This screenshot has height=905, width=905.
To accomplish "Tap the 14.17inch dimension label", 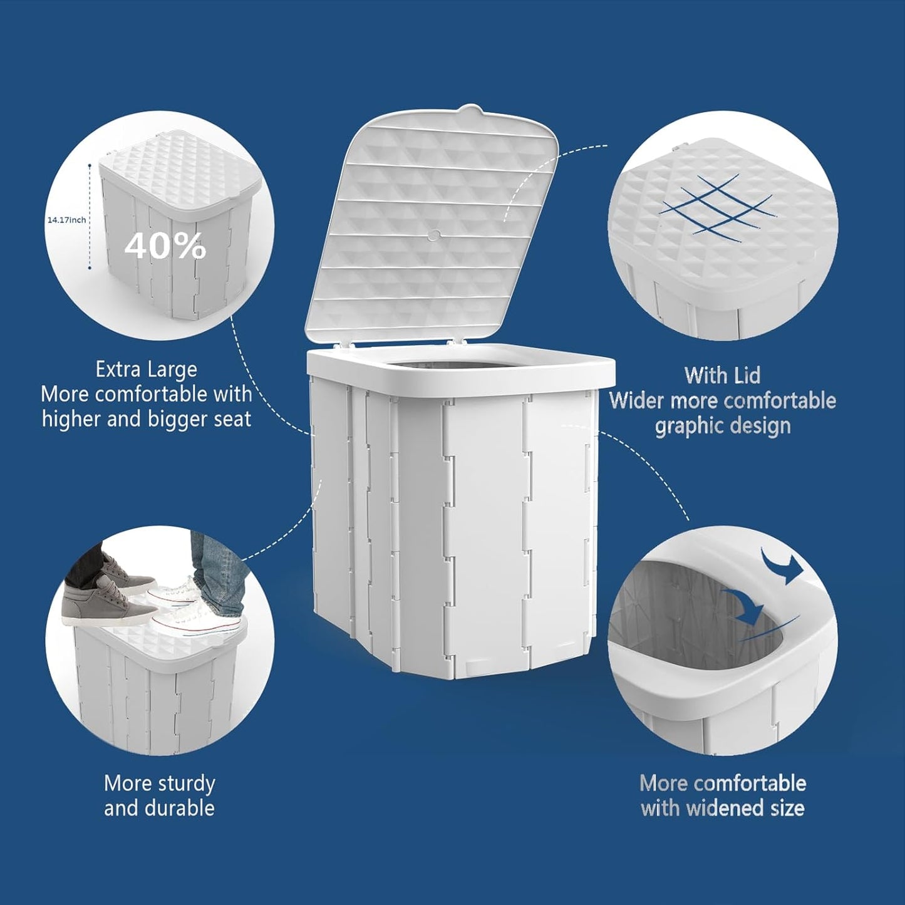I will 67,220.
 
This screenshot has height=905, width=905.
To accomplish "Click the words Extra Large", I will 146,370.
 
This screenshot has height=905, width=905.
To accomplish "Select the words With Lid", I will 722,376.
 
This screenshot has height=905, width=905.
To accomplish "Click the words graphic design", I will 722,426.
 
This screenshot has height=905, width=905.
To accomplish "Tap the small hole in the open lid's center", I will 434,235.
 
